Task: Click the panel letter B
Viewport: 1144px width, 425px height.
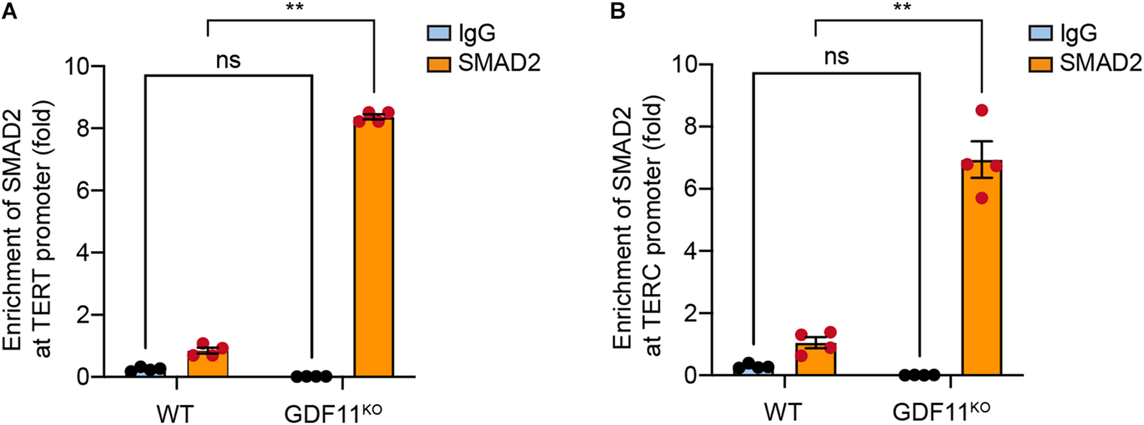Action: [617, 10]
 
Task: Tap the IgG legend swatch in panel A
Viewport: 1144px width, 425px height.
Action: [439, 33]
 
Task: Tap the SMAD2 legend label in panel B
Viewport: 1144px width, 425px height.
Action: [1101, 63]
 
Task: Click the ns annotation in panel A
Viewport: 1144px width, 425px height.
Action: [229, 61]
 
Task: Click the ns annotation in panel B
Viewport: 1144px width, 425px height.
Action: [837, 57]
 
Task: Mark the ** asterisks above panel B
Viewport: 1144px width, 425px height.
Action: [902, 8]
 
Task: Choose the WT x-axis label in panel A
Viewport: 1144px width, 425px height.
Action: [174, 413]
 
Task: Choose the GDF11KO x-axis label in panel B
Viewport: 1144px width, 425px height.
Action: [941, 411]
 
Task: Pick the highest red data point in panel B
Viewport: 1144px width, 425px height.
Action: [982, 110]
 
